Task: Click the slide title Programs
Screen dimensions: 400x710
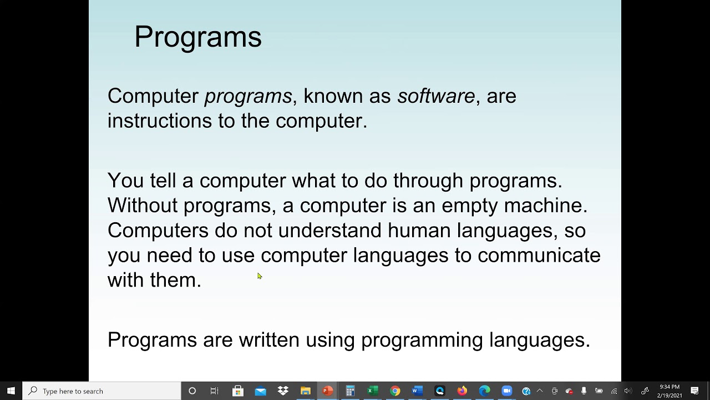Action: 197,37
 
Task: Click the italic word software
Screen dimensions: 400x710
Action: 436,96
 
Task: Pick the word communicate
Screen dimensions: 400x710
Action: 539,256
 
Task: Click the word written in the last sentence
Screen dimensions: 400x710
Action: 269,340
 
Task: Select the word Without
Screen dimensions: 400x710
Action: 142,206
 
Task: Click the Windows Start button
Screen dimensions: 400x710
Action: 11,391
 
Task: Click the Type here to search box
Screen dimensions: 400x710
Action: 103,391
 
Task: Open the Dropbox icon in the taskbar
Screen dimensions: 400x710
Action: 283,391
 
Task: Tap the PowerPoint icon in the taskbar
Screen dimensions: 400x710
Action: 328,391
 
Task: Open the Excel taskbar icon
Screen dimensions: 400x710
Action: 372,391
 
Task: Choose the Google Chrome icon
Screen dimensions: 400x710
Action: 395,391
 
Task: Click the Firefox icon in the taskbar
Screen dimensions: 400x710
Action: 462,391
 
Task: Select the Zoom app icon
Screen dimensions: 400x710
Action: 506,391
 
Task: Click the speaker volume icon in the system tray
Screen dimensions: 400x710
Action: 628,391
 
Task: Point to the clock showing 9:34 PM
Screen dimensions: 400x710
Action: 670,387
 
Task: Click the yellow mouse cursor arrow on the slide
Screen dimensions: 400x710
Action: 259,276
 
